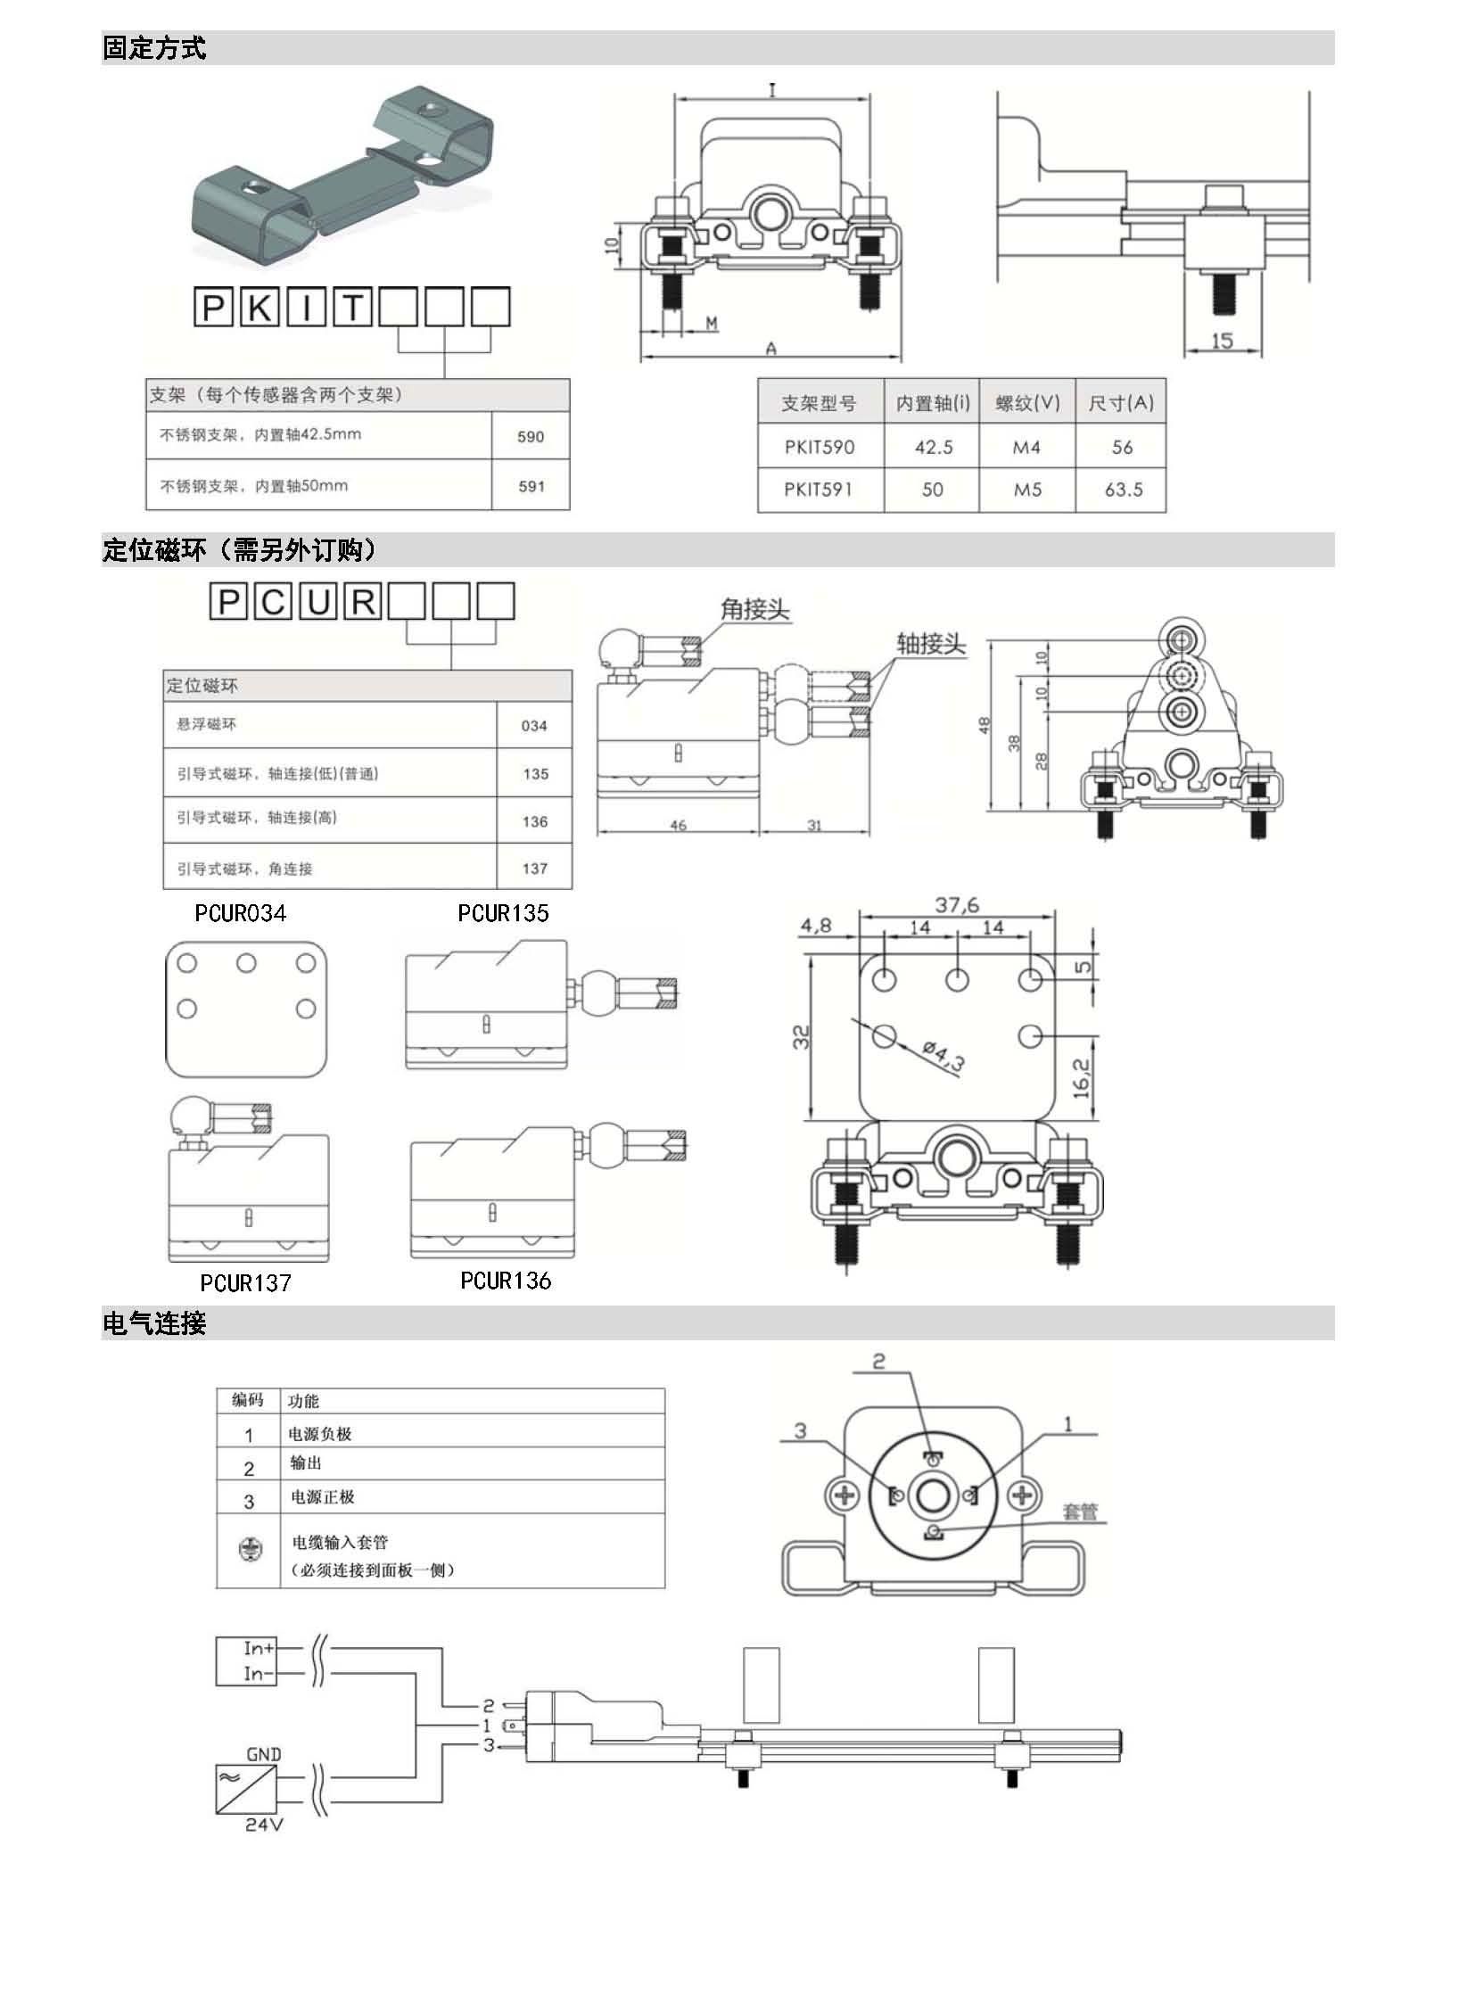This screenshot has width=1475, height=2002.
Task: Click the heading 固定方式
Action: point(153,48)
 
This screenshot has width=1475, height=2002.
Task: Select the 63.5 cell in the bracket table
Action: point(1123,490)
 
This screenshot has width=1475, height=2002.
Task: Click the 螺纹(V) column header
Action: point(1027,403)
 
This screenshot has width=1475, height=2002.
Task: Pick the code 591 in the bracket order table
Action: point(531,487)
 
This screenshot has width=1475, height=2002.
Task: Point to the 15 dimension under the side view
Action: point(1223,341)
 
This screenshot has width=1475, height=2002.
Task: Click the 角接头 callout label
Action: point(754,610)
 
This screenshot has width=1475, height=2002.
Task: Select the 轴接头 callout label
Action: point(931,644)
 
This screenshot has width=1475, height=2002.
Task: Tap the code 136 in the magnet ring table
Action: point(535,821)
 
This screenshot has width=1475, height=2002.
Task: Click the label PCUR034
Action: point(240,913)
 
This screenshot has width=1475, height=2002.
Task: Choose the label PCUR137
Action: point(245,1283)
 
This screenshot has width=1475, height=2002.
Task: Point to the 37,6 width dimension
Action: point(956,904)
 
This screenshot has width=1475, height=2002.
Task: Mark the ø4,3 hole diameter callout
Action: point(944,1058)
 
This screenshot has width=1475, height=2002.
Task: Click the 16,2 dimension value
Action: point(1081,1078)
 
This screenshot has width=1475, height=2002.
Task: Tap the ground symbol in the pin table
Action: point(250,1549)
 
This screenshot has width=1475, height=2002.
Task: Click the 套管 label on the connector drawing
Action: point(1079,1512)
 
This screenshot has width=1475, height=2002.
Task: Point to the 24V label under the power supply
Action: point(263,1825)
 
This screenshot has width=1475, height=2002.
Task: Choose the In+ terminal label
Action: point(259,1647)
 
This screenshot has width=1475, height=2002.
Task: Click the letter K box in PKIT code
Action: point(260,307)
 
